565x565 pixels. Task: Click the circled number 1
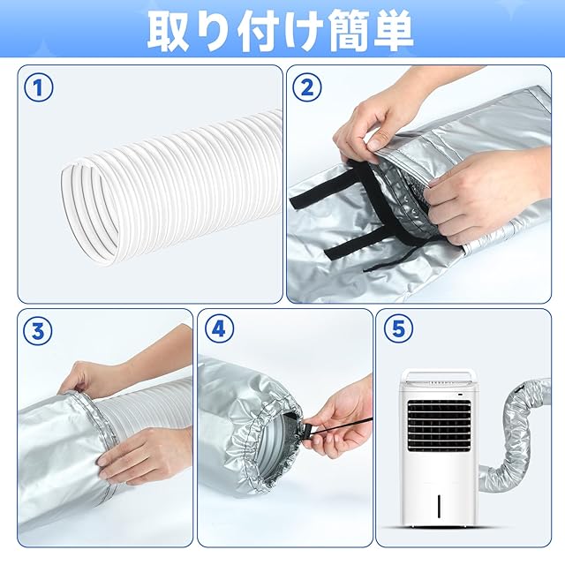pos(39,87)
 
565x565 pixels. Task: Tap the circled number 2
pos(307,87)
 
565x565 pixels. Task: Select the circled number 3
pos(38,331)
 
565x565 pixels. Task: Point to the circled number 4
pos(219,328)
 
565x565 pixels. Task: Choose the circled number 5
pos(398,328)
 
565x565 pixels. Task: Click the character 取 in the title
pos(169,32)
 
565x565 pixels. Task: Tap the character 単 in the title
pos(392,30)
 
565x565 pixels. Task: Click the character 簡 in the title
pos(346,31)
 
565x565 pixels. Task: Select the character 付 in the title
pos(257,31)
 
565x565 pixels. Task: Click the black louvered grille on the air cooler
pos(439,426)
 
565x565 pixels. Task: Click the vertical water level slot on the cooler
pos(439,506)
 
